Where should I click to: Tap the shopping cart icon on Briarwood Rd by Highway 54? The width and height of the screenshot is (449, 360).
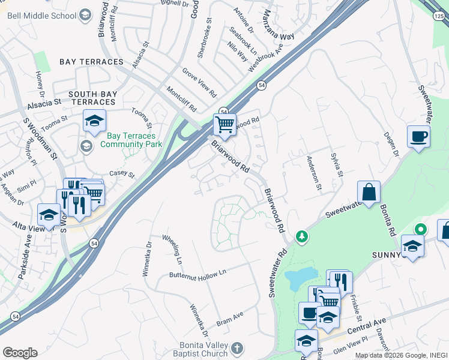pyautogui.click(x=224, y=124)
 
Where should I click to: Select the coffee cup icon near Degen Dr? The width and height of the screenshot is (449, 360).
pyautogui.click(x=418, y=136)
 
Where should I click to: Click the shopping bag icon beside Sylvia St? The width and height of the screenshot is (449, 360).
pyautogui.click(x=369, y=192)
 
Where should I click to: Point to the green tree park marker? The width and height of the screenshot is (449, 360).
pyautogui.click(x=302, y=238)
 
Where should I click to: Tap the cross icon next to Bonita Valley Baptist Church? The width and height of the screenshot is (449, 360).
pyautogui.click(x=238, y=348)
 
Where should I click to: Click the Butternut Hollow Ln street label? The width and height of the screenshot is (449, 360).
pyautogui.click(x=197, y=272)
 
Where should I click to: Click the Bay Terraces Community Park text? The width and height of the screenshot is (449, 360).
pyautogui.click(x=131, y=140)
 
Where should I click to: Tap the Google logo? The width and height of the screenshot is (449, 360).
pyautogui.click(x=20, y=353)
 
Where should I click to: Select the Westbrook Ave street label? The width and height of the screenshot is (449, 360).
pyautogui.click(x=265, y=56)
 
